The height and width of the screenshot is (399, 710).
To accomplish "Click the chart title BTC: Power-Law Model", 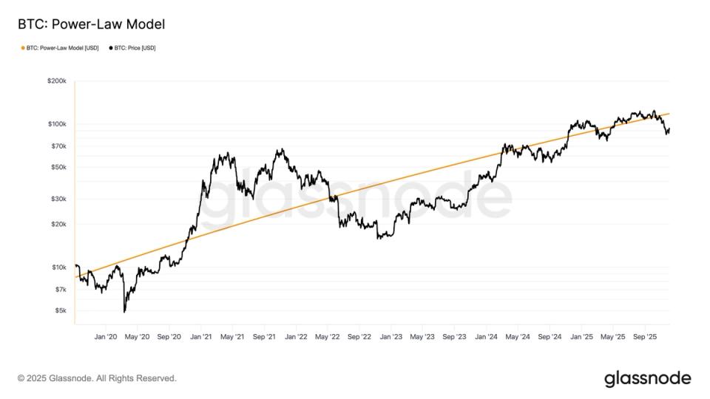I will click(x=91, y=24).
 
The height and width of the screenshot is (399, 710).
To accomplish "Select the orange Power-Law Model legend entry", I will click(x=60, y=48).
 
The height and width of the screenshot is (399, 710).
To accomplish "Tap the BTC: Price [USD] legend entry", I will click(x=132, y=48).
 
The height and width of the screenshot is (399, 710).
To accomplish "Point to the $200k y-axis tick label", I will click(x=57, y=81).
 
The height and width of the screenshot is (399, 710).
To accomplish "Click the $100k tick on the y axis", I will click(x=57, y=124).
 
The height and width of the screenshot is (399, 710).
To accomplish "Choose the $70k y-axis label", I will click(x=58, y=146).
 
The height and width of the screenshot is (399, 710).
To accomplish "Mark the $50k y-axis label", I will click(x=58, y=167).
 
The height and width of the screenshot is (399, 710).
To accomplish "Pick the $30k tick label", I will click(x=58, y=199).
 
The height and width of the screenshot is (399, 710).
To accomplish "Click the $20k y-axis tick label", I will click(x=58, y=224).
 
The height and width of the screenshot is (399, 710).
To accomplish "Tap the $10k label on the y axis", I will click(x=58, y=267).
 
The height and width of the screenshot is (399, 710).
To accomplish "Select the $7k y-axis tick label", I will click(x=60, y=289).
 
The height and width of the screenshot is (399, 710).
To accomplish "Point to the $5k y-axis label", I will click(x=60, y=310).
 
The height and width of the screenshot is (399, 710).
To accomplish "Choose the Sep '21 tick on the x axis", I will click(x=264, y=337).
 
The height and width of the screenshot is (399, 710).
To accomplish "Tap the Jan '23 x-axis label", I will click(x=390, y=337).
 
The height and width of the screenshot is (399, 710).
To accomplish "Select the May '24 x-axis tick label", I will click(x=517, y=337).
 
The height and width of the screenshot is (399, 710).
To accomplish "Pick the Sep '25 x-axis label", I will click(x=645, y=337).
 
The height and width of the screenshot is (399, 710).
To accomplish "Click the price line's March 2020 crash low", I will click(x=125, y=312).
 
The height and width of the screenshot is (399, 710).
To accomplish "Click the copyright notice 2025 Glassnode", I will click(x=97, y=378).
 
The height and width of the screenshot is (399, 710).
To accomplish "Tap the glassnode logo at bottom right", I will click(x=647, y=378).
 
